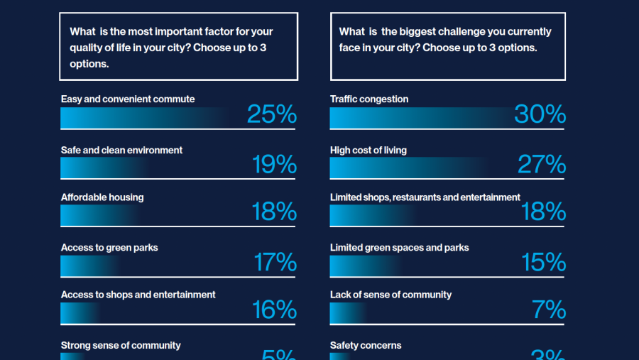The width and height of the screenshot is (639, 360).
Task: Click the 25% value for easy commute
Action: click(x=272, y=114)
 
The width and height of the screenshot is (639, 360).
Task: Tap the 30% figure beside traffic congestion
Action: click(x=540, y=114)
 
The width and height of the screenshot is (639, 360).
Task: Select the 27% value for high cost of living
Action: click(x=541, y=165)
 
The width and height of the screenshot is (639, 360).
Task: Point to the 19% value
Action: click(x=274, y=165)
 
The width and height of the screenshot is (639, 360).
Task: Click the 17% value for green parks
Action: click(x=275, y=262)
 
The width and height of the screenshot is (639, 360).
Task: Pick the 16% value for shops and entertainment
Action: click(x=274, y=310)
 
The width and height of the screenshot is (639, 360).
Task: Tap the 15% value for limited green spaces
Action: click(x=543, y=262)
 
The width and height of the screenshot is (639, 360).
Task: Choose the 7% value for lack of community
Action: click(x=549, y=310)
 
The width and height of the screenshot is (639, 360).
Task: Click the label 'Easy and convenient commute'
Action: click(x=128, y=99)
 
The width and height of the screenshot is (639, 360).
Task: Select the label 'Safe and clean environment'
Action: click(x=121, y=151)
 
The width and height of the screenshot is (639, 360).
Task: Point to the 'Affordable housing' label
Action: click(x=102, y=197)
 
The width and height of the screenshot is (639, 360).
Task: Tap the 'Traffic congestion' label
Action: click(x=369, y=99)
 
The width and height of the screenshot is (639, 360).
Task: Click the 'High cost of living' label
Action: click(x=368, y=151)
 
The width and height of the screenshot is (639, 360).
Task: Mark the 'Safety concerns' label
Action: click(x=366, y=346)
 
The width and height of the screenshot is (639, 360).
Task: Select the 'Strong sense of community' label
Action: click(x=121, y=346)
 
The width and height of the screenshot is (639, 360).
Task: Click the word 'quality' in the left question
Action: click(x=86, y=48)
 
